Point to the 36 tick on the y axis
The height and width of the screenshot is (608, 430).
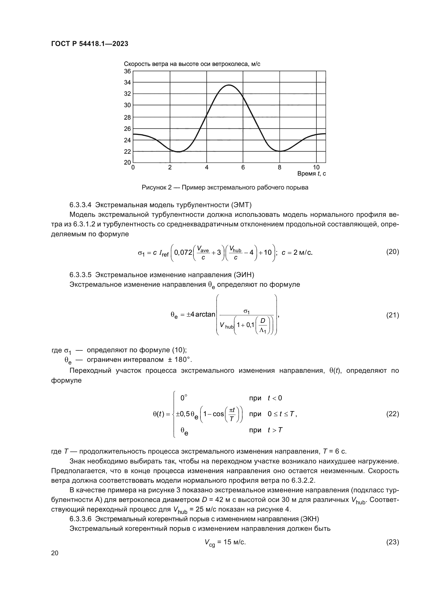tap(127, 71)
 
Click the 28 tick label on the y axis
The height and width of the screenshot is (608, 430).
tap(127, 117)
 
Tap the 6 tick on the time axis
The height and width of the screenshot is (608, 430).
tap(243, 167)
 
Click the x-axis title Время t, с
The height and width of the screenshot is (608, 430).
tap(311, 174)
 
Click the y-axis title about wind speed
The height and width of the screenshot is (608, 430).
tap(192, 64)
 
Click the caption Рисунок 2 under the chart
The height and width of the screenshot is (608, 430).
tap(225, 188)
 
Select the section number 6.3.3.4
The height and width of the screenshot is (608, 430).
tap(81, 205)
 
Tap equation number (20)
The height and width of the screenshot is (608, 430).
tap(392, 252)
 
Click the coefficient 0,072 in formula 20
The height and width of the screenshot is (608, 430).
tap(183, 252)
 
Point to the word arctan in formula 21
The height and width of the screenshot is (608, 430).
tap(205, 314)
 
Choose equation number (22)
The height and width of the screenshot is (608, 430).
tap(392, 414)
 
